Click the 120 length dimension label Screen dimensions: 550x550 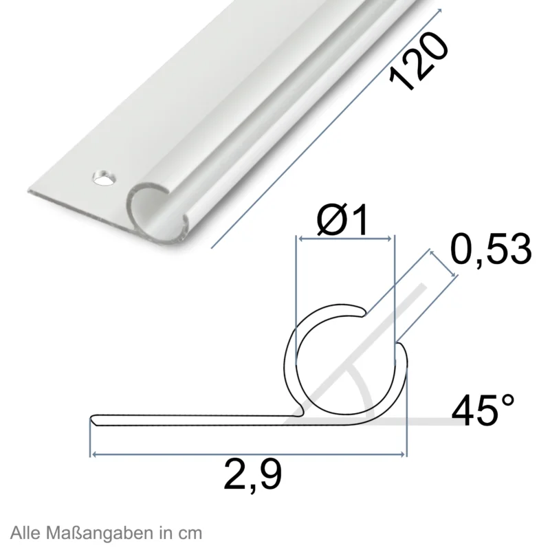(419, 60)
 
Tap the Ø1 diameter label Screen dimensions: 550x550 (342, 221)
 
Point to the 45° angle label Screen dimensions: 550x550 (483, 410)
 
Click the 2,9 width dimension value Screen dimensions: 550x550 (252, 476)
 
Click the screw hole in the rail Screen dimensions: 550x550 (104, 178)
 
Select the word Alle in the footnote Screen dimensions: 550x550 (26, 532)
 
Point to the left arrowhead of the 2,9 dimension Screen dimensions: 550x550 (93, 454)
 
